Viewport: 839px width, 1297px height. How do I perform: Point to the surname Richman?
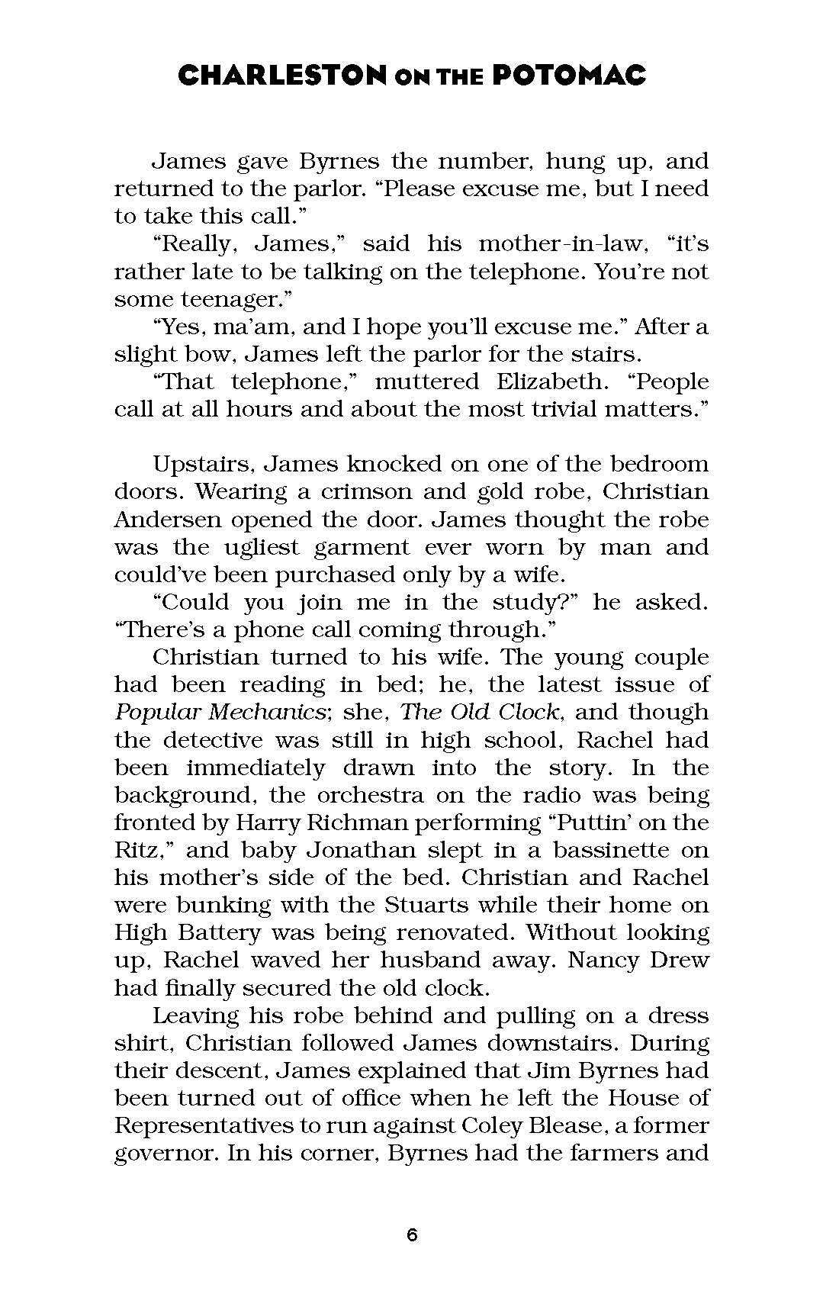click(x=353, y=822)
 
